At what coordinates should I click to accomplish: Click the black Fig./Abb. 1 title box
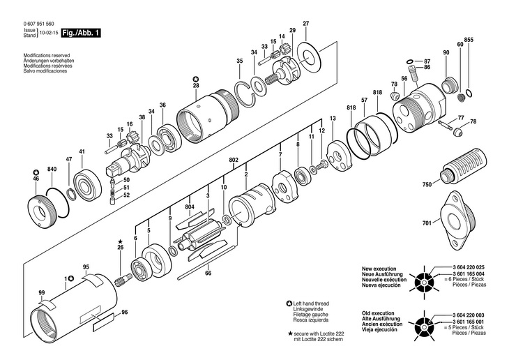point(81,33)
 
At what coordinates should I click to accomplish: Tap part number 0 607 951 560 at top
point(38,24)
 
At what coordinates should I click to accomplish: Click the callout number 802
point(234,160)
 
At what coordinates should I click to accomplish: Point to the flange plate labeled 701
point(457,220)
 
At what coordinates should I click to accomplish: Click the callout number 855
point(469,40)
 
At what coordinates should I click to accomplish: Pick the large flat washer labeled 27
point(308,57)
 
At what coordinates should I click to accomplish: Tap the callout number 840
point(52,169)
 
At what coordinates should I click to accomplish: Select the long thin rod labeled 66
point(206,262)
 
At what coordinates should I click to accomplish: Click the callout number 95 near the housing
point(86,267)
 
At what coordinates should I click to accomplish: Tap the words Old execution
point(378,313)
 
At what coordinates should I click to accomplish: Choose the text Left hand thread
point(311,303)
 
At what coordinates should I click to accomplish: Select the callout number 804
point(190,207)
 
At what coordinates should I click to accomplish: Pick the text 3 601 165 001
point(469,322)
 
